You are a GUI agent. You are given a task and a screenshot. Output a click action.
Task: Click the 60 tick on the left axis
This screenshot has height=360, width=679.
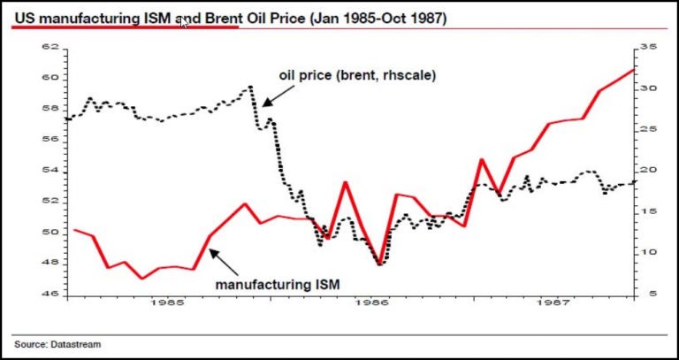coord(50,78)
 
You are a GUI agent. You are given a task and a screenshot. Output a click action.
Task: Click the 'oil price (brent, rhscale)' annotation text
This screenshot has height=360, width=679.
coord(357,75)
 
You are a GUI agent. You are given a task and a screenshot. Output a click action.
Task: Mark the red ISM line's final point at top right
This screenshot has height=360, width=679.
coord(634,69)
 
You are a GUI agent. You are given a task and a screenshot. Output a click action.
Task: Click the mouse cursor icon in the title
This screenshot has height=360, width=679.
coord(185,21)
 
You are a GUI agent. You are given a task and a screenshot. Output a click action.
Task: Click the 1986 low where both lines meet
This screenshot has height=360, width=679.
coord(379,264)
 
